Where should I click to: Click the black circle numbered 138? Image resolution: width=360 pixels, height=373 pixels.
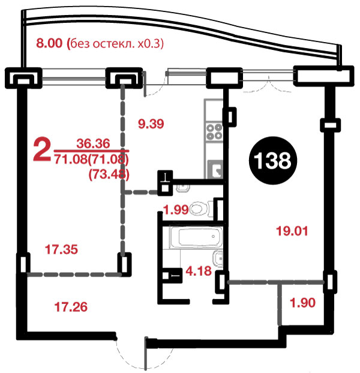pos(273,160)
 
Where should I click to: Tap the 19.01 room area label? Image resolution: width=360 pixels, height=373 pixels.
pos(292,231)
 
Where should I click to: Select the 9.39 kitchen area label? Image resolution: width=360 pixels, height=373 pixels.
pos(151,124)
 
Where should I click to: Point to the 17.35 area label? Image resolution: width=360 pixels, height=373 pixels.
pos(61,249)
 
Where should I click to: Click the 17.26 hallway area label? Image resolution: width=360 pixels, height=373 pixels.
pos(71,307)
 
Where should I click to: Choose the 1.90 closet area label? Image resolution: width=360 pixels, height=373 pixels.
pos(303,303)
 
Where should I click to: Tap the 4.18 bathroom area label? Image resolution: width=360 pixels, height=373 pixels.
pos(199,271)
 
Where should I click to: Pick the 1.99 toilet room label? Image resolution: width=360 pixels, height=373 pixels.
pos(176,210)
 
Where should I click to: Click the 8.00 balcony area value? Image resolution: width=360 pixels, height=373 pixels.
pos(49,43)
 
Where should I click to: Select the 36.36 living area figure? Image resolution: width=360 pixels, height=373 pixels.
pos(93,144)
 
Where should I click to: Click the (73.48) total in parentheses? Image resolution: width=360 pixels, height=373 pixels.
pos(109,175)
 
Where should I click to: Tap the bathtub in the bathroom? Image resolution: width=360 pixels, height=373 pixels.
pos(196,237)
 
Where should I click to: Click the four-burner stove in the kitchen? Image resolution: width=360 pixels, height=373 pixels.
pos(214,132)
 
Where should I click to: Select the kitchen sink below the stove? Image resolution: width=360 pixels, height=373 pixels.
pos(215,169)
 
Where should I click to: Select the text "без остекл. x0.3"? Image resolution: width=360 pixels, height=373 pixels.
pos(117,44)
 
